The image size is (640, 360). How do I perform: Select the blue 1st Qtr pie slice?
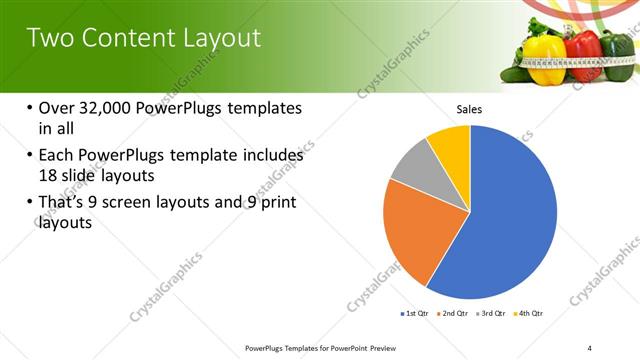tap(510, 220)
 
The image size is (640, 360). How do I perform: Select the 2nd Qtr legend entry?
tap(456, 314)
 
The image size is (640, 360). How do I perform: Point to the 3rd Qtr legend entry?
tap(491, 314)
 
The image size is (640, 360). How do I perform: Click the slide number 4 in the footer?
tap(590, 348)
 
